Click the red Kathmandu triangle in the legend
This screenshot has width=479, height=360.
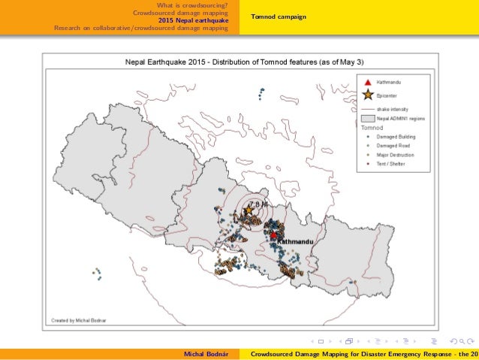pos(367,82)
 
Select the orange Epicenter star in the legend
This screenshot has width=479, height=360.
pos(367,95)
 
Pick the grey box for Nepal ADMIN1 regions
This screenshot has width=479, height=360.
pos(367,119)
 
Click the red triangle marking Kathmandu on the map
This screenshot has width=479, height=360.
pos(273,234)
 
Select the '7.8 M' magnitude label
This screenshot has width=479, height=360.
pos(256,204)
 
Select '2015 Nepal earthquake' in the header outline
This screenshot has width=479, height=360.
pos(199,20)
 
